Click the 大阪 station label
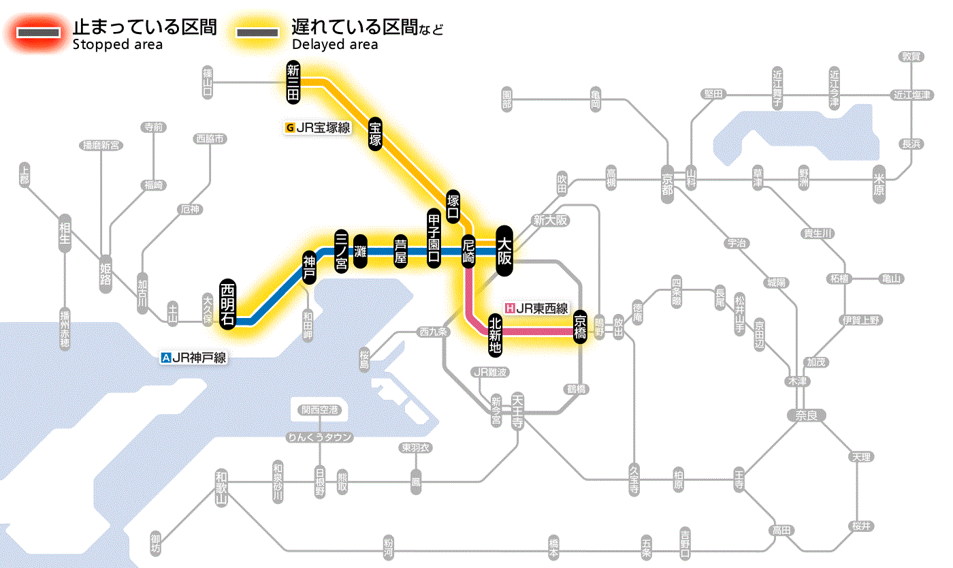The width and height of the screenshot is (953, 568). click(x=504, y=251)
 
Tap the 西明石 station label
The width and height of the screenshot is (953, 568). click(x=228, y=304)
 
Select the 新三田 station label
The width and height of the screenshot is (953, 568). click(x=293, y=82)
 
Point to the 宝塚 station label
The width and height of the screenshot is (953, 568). click(x=375, y=133)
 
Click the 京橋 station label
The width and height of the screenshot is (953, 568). click(x=580, y=327)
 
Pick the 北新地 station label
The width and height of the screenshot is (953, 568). click(x=495, y=334)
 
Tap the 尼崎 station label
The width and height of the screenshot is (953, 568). click(x=468, y=251)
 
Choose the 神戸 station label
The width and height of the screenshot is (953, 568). click(x=310, y=267)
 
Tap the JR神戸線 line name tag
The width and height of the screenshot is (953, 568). click(x=193, y=356)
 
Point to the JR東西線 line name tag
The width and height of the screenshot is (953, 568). click(x=536, y=308)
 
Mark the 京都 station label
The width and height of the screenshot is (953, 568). click(x=667, y=180)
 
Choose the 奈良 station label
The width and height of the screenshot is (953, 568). click(x=805, y=414)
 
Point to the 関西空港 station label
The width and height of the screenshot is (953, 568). click(x=320, y=409)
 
